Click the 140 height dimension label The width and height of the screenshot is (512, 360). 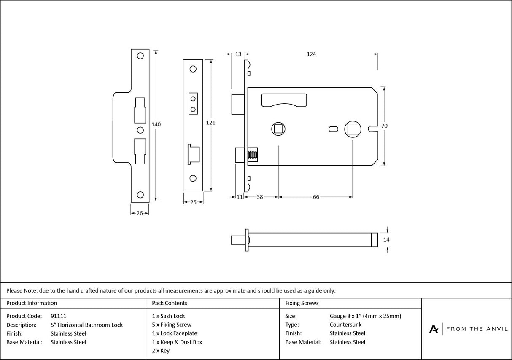click(156, 124)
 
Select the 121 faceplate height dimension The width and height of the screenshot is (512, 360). click(210, 123)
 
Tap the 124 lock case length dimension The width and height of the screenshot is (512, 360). click(311, 54)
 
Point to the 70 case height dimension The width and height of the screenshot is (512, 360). click(384, 126)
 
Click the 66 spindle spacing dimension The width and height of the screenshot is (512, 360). click(316, 197)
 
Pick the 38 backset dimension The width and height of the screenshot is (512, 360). click(260, 197)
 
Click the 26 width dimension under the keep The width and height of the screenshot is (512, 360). click(140, 213)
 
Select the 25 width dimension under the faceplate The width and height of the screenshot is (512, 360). click(194, 202)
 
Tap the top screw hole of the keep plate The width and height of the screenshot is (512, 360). click(140, 56)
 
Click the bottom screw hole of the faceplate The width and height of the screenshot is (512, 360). click(193, 178)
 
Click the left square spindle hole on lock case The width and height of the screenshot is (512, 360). click(278, 128)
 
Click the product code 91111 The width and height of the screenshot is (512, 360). click(58, 316)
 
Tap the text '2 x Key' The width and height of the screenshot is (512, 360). click(161, 351)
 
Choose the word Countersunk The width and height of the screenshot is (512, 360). click(345, 325)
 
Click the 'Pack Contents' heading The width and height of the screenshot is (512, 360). click(170, 303)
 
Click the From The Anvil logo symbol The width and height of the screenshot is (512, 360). click(434, 329)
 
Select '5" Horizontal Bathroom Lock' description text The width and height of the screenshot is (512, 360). click(86, 325)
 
